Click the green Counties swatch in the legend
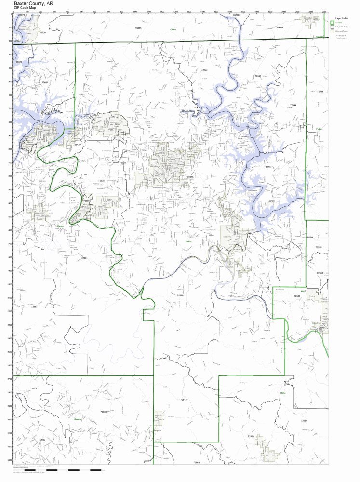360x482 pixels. click(332, 22)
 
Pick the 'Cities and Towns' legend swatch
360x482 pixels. click(332, 31)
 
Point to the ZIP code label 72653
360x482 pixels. click(190, 177)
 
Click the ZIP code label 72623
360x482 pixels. click(204, 70)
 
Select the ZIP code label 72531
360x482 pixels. click(268, 167)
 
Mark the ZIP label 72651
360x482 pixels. click(111, 130)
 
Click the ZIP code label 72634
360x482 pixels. click(84, 258)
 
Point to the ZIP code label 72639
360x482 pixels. click(104, 412)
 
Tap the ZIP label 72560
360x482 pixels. click(304, 421)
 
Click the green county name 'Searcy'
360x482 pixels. click(78, 419)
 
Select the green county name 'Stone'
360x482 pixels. click(282, 393)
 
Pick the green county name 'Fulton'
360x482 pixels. click(319, 129)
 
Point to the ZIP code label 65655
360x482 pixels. click(139, 28)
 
